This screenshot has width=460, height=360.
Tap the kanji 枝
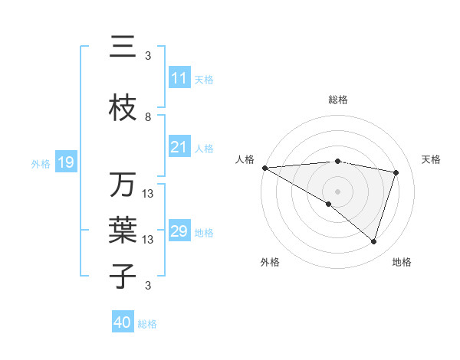123,108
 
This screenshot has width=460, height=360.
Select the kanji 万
123,185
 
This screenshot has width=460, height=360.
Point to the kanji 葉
123,230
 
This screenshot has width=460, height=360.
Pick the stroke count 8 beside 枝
148,117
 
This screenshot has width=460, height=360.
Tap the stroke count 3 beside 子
148,286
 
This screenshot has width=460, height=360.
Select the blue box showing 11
179,78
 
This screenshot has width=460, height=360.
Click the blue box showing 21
179,147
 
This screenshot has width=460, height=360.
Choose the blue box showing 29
179,231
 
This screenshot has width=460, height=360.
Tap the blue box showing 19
65,162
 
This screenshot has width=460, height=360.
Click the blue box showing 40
123,322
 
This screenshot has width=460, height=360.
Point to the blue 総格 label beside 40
147,324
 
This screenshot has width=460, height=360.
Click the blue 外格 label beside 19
41,163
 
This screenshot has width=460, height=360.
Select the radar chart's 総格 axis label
338,100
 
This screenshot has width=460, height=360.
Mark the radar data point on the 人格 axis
264,168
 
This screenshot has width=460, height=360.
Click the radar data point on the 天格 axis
396,172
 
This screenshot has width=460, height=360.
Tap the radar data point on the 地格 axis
374,241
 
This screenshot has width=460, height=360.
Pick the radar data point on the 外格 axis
329,204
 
